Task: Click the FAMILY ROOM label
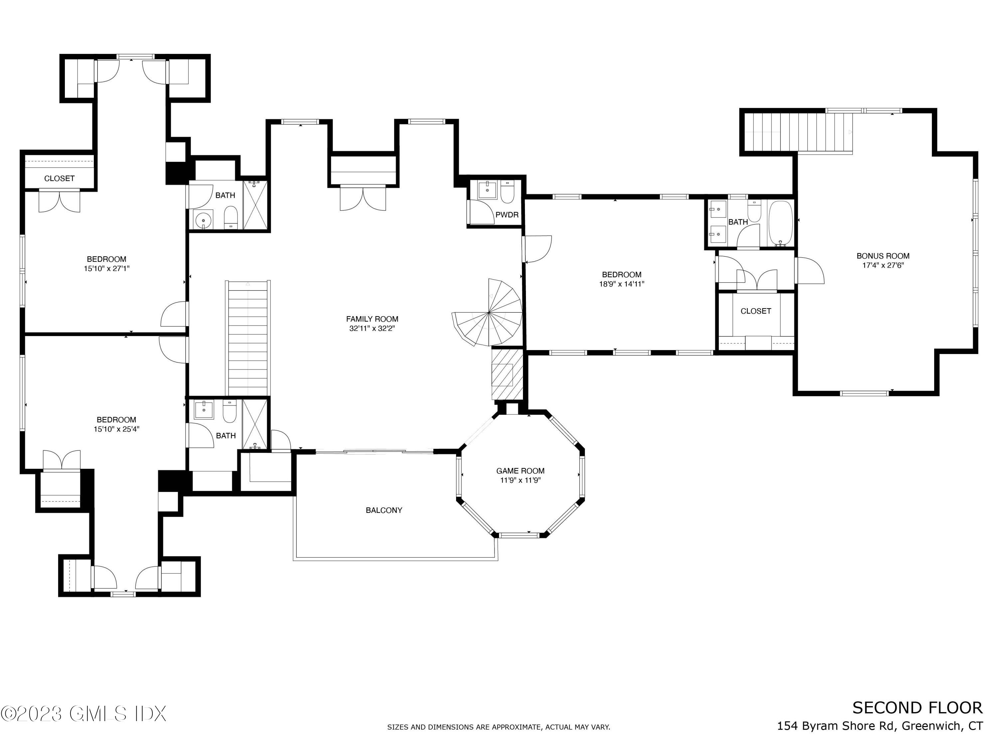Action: tap(372, 319)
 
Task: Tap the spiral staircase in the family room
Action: tap(490, 313)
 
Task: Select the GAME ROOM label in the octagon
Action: tap(520, 471)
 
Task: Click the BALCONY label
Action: tap(384, 510)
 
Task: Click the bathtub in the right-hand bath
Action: tap(780, 224)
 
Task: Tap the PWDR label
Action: tap(507, 215)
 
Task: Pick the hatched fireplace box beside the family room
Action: tap(507, 373)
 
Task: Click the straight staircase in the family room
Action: tap(248, 338)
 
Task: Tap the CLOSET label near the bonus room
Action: tap(756, 311)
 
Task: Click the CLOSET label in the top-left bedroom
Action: tap(59, 179)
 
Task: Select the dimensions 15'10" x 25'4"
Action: tap(116, 429)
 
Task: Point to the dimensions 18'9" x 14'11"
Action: tap(621, 284)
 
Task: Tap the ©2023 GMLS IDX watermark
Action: tap(83, 714)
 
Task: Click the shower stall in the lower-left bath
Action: tap(255, 424)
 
